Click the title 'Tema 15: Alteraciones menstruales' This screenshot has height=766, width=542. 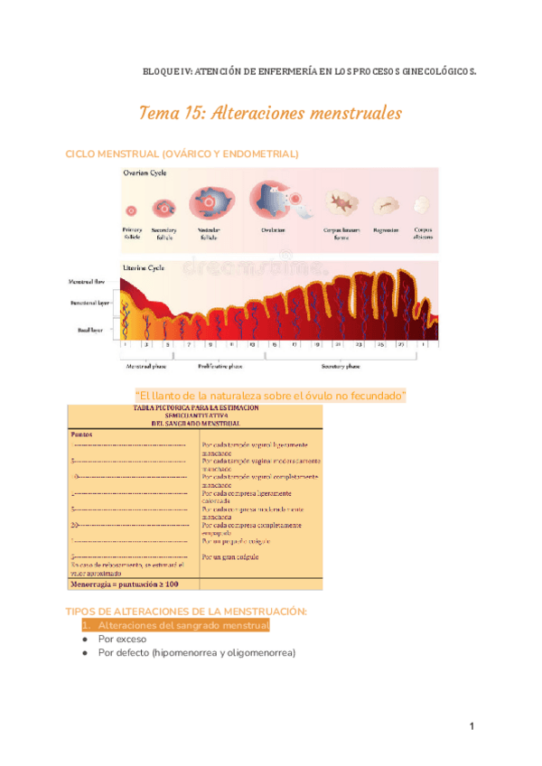pyautogui.click(x=270, y=114)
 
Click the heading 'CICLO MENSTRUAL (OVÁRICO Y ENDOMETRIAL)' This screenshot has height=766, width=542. pyautogui.click(x=182, y=154)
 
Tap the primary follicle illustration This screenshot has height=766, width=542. pyautogui.click(x=132, y=210)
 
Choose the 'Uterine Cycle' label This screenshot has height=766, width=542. pyautogui.click(x=143, y=267)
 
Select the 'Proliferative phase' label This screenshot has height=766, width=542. pyautogui.click(x=221, y=367)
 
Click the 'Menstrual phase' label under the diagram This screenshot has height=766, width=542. pyautogui.click(x=145, y=367)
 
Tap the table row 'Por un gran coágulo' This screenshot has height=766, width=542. pyautogui.click(x=232, y=558)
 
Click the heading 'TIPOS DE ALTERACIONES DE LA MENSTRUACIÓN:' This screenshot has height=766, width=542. pyautogui.click(x=187, y=612)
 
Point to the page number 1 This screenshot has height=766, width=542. pyautogui.click(x=472, y=727)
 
